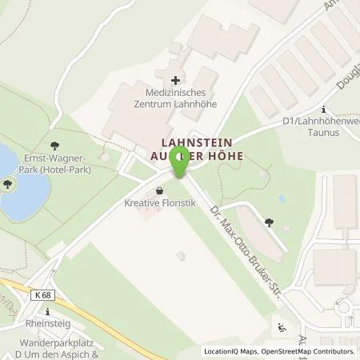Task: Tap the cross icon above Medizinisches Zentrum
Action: coord(175,80)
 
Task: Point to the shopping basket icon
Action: coord(160,192)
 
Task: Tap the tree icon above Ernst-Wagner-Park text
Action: coord(54,146)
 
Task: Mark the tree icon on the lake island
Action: coord(8,184)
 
